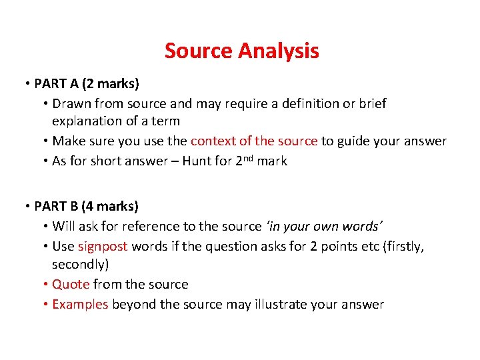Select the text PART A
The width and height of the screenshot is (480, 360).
tap(57, 84)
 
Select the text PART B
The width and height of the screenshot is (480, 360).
tap(57, 207)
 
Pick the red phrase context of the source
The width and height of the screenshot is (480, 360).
tap(253, 141)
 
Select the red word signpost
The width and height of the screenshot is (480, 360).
tap(102, 246)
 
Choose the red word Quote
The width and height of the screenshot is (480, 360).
tap(71, 285)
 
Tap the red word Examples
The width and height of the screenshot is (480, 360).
tap(80, 305)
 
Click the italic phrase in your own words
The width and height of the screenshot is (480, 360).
tap(331, 227)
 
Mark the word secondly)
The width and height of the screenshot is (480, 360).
tap(80, 265)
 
